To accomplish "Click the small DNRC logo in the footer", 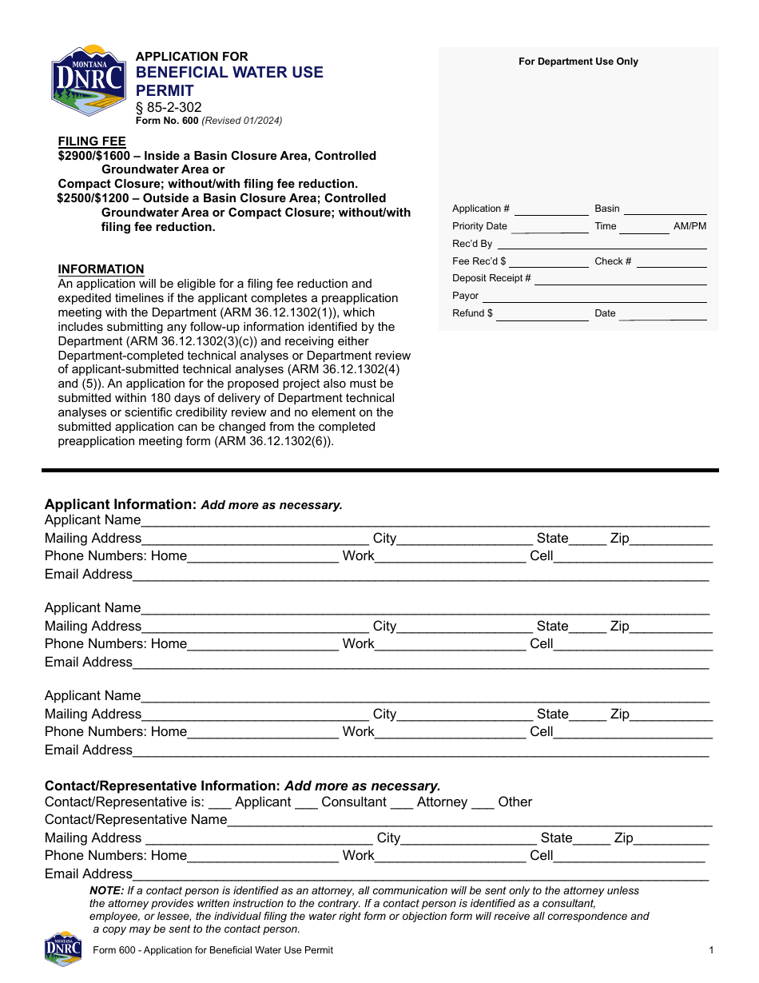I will (63, 949).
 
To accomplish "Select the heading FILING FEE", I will (92, 141).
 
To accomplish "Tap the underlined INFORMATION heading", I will (101, 269).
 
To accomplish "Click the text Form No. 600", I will (167, 121).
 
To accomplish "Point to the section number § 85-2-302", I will (169, 107).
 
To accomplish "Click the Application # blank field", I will (551, 210).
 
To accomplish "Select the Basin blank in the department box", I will (665, 210).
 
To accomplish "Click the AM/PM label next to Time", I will (689, 226).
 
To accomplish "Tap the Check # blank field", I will (671, 263).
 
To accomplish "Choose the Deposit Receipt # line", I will (620, 280).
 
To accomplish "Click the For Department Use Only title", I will (578, 62).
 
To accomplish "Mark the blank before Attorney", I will (402, 803).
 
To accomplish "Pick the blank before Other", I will (483, 803).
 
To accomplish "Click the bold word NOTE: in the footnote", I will (106, 890).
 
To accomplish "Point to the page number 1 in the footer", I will (710, 950).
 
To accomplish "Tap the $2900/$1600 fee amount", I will (93, 156).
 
